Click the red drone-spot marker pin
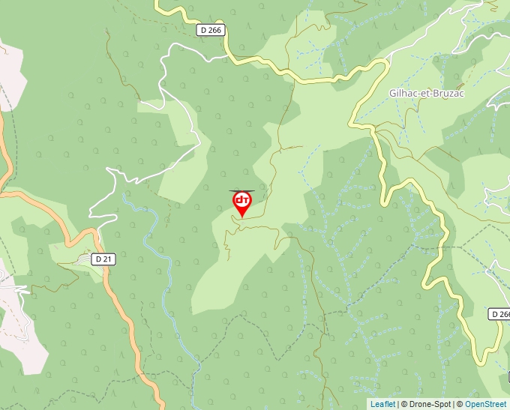(x=241, y=202)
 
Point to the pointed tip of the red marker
(x=241, y=218)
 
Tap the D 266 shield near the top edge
(x=211, y=30)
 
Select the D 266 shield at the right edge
(x=499, y=313)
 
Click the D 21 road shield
(x=103, y=259)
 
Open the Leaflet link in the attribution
(x=382, y=404)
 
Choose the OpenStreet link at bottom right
(x=486, y=404)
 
